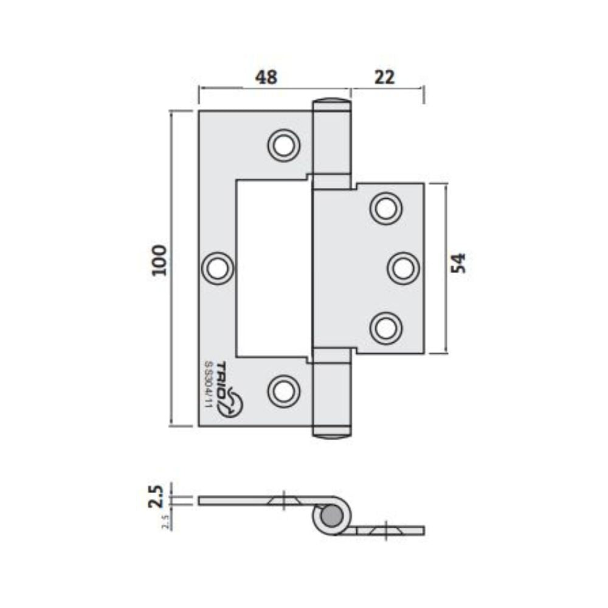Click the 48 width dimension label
click(266, 77)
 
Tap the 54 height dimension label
click(460, 263)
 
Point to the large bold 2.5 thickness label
click(156, 496)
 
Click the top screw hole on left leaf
click(283, 145)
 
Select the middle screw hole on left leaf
click(218, 268)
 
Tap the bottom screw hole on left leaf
click(283, 390)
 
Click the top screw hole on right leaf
click(386, 209)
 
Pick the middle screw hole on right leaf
click(403, 268)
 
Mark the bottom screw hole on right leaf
click(386, 328)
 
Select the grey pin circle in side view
click(331, 518)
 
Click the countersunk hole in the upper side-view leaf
click(283, 500)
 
